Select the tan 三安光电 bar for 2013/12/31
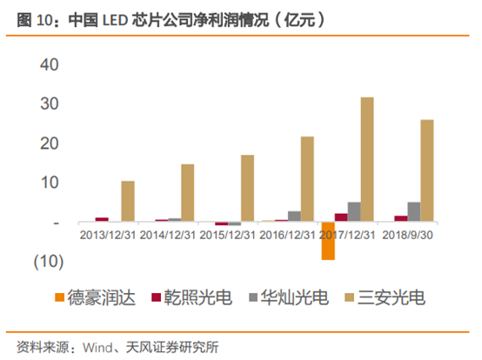(128, 202)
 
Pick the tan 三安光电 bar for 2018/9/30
(427, 171)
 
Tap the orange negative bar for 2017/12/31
(328, 241)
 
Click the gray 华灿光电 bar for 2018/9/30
(414, 212)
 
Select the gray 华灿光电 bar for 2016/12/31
(294, 217)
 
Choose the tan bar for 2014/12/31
(188, 193)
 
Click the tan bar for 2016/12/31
(307, 179)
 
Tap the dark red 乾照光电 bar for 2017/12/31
(341, 217)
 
